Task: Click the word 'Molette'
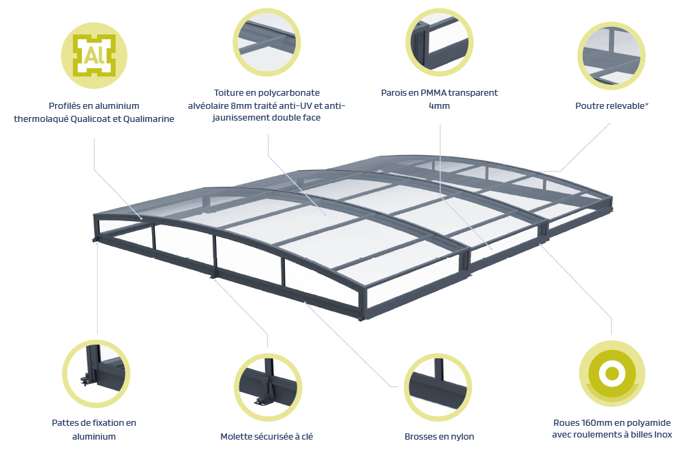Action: tap(237, 436)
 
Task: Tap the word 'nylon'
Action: tap(462, 436)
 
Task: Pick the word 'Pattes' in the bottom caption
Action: tap(65, 422)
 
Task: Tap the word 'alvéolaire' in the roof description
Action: tap(209, 105)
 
